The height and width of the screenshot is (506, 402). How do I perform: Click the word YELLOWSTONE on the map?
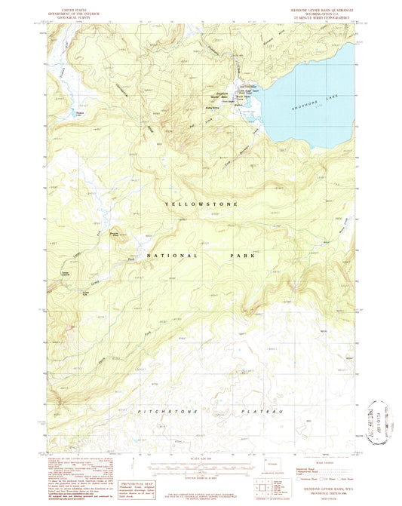(x=201, y=204)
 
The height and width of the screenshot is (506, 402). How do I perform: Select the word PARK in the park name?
(x=244, y=256)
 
